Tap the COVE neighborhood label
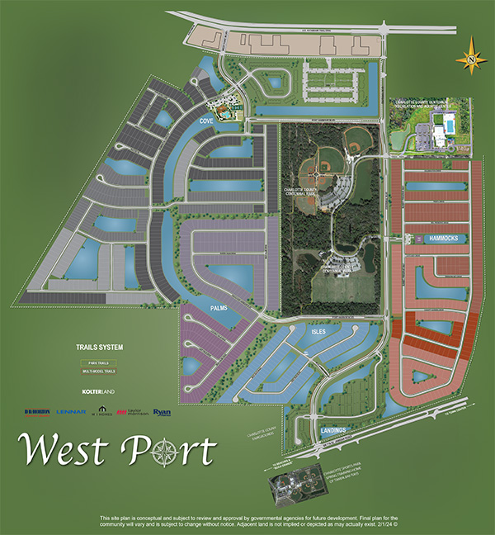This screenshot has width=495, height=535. pos(206,121)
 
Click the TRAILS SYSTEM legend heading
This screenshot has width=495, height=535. pos(97,347)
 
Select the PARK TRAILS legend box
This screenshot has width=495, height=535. pos(97,362)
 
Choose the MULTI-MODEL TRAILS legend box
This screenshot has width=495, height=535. pos(97,372)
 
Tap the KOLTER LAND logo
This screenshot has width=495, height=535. pos(97,391)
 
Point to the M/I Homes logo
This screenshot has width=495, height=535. pos(101,411)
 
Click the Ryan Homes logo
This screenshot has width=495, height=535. pos(162,411)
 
